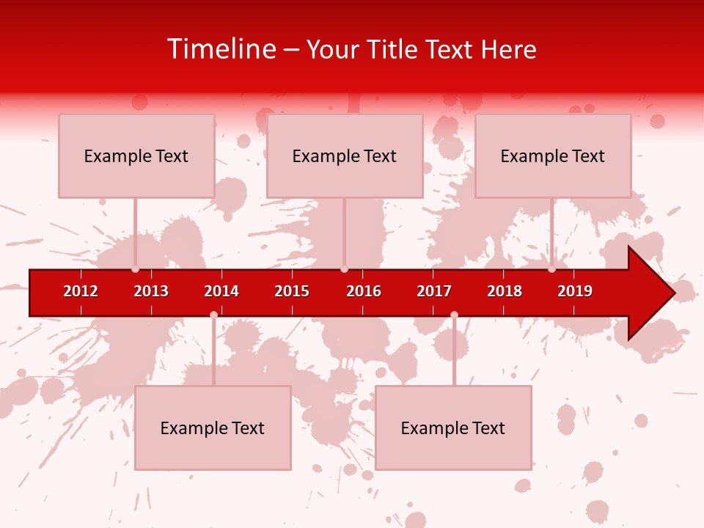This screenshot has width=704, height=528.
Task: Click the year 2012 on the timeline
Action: tap(81, 291)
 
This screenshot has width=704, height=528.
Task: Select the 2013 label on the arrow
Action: tap(151, 291)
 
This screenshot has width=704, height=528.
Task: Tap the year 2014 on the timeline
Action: tap(221, 291)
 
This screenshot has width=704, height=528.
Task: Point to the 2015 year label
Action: tap(292, 291)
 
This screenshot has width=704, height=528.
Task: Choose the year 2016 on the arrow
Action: tap(364, 291)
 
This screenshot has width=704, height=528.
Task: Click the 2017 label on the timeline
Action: tap(434, 291)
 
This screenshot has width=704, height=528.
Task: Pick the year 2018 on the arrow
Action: tap(505, 291)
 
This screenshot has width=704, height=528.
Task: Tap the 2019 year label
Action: tap(575, 291)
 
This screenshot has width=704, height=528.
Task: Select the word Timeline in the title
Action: tap(221, 49)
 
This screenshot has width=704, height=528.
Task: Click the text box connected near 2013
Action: tap(136, 155)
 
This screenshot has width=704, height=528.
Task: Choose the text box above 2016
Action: tap(345, 155)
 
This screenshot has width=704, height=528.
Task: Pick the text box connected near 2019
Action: tap(553, 155)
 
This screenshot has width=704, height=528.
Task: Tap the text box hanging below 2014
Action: tap(213, 428)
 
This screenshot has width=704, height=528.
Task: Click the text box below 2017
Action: tap(453, 428)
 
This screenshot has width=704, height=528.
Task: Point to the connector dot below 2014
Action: tap(213, 315)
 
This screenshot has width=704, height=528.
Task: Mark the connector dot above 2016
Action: tap(344, 268)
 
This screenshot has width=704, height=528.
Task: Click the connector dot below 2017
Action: tap(454, 315)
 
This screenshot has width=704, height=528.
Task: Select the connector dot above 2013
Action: tap(135, 268)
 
